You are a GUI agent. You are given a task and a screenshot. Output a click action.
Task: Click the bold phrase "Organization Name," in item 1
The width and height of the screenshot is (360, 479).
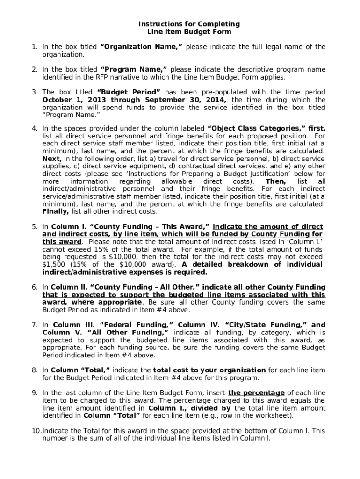pyautogui.click(x=142, y=47)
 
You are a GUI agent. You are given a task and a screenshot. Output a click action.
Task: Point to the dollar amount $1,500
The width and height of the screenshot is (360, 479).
pyautogui.click(x=53, y=264)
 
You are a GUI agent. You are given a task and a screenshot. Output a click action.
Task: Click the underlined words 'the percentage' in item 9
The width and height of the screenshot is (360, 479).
pyautogui.click(x=256, y=393)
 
